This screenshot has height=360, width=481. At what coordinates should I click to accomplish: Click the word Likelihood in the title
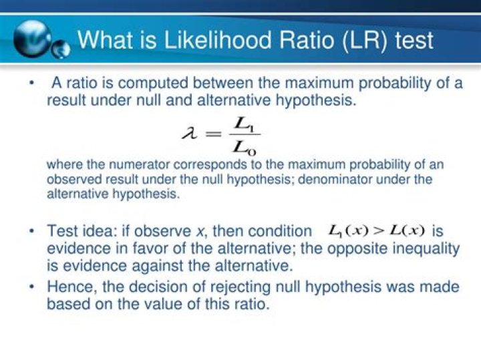[x=218, y=40]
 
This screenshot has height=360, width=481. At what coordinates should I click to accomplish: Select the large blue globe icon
[x=32, y=39]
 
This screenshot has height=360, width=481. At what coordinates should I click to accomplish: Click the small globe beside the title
[x=60, y=49]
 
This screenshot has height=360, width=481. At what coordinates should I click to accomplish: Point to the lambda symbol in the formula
[x=190, y=134]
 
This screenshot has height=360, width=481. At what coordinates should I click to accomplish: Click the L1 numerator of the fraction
[x=244, y=124]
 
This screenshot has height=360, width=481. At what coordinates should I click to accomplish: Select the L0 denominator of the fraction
[x=245, y=148]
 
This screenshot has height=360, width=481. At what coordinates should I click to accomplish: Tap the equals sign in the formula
[x=213, y=134]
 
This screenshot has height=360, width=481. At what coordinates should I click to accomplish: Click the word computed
[x=152, y=83]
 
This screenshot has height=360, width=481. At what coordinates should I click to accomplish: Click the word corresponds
[x=210, y=165]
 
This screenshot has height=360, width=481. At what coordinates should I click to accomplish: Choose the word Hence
[x=71, y=287]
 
